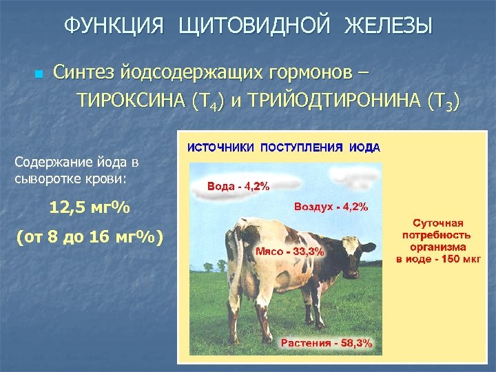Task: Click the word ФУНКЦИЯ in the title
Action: (x=114, y=27)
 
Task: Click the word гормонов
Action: (x=309, y=72)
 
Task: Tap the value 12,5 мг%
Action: (x=90, y=207)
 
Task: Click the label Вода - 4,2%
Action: (x=238, y=186)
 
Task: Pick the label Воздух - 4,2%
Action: (x=331, y=207)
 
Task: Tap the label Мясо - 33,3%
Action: (x=289, y=251)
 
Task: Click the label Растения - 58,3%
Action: (x=327, y=342)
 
